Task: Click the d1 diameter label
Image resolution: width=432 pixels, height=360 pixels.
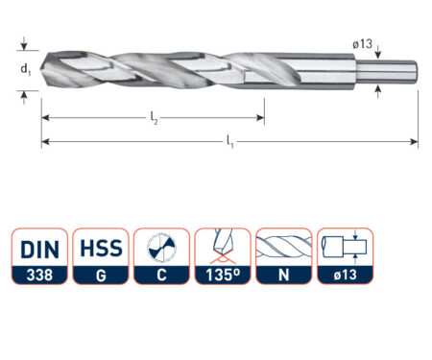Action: (x=27, y=69)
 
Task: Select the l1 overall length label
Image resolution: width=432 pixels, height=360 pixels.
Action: (x=230, y=142)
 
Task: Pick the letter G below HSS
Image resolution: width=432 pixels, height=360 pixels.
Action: (x=99, y=276)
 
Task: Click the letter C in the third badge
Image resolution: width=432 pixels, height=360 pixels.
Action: (x=160, y=276)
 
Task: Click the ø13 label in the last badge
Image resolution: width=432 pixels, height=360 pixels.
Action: (x=345, y=276)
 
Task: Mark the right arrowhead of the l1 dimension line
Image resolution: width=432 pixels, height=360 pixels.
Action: (x=415, y=142)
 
